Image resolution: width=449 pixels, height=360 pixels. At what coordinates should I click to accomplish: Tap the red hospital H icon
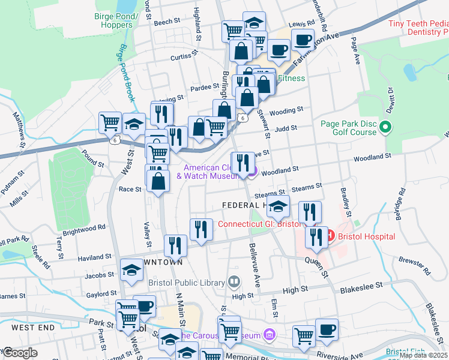330,236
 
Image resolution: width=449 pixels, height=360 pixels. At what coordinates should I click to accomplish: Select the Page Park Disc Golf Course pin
386,127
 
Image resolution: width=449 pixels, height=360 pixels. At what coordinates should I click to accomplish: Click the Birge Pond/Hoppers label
113,21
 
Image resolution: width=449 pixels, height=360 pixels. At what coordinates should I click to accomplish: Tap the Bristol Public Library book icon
234,281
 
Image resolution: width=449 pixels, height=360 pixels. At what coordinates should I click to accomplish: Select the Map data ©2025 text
423,355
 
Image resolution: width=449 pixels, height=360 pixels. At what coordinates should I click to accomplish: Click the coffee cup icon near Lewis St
303,40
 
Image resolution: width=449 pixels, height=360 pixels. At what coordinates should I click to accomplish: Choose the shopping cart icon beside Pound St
110,122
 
